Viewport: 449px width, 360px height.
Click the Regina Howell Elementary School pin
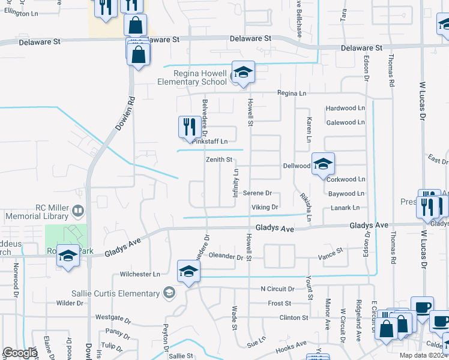point(244,73)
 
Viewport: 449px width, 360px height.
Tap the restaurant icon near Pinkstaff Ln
point(189,127)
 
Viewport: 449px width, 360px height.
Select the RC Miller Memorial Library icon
point(77,211)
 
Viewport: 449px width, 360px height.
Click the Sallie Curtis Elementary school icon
point(169,293)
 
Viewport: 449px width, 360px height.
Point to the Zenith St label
point(219,160)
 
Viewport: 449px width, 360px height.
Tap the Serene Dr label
point(258,193)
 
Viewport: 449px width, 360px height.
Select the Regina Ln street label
point(291,94)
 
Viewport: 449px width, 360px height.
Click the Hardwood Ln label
point(345,109)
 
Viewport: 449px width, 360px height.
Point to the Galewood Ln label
point(345,122)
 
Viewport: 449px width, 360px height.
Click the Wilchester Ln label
point(140,274)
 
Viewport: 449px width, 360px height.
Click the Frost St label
point(280,304)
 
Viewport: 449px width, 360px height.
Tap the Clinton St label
point(293,317)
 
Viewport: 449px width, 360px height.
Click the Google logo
point(20,353)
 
